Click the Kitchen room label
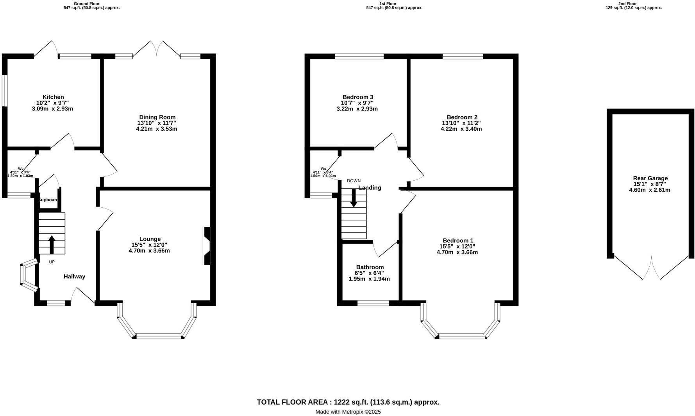[x=53, y=97]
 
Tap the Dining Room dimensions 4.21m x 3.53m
[x=156, y=129]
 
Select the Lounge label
[x=150, y=239]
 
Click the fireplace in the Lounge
[x=207, y=246]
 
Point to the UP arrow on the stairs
[x=52, y=244]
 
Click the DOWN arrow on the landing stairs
[x=354, y=197]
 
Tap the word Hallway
[x=74, y=276]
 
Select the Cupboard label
[x=48, y=200]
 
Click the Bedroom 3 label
[x=358, y=97]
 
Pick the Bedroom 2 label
[x=462, y=117]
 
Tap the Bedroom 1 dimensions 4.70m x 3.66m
[x=457, y=252]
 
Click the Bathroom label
[x=370, y=267]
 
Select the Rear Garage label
[x=650, y=178]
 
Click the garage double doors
[x=651, y=269]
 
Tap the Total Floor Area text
[x=348, y=402]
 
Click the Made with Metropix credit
[x=348, y=412]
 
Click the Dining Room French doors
[x=156, y=49]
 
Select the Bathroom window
[x=373, y=303]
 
